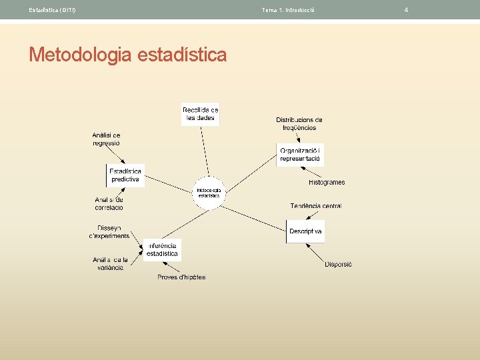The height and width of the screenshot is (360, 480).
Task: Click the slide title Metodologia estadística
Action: [x=127, y=54]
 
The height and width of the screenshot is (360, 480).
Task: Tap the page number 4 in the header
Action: [x=406, y=9]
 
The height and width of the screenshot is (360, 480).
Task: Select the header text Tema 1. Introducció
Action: [x=288, y=10]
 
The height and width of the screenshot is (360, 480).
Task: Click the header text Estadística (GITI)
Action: [x=52, y=10]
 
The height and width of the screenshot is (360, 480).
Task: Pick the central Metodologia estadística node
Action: [x=209, y=193]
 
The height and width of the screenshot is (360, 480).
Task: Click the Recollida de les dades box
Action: [x=201, y=114]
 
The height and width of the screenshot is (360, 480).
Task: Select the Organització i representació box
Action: [x=300, y=154]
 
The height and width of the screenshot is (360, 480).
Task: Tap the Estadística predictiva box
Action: [x=125, y=175]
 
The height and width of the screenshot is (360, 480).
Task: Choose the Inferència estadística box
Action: [x=162, y=249]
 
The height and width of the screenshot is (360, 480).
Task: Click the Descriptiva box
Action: [x=305, y=231]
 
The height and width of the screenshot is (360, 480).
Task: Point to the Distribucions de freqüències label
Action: [x=299, y=123]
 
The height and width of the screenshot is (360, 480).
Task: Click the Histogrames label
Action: [x=327, y=182]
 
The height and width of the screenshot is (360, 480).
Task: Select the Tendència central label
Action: [x=316, y=206]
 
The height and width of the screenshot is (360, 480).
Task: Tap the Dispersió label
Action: [x=338, y=264]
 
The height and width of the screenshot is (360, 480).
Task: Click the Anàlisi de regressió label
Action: [x=106, y=139]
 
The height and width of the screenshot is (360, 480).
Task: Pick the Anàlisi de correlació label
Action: [x=109, y=203]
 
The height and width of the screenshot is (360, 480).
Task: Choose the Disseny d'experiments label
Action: [x=109, y=231]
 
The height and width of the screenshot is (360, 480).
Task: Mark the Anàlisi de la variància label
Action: [x=108, y=263]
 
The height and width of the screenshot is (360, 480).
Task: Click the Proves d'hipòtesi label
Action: [x=181, y=277]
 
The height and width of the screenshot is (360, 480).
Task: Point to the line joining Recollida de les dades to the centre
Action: [x=204, y=153]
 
